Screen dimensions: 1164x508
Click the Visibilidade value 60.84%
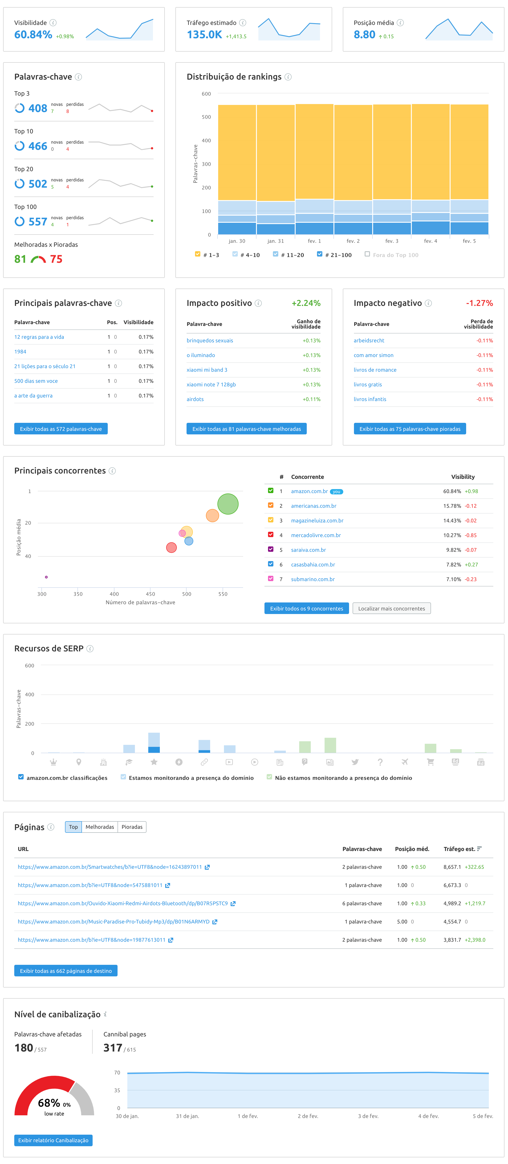point(33,35)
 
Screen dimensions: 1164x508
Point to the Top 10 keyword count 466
point(38,146)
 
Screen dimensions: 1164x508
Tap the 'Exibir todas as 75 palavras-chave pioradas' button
point(409,429)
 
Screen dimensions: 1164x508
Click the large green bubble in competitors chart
point(228,504)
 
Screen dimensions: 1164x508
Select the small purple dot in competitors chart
point(46,577)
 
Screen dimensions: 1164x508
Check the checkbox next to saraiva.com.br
point(270,550)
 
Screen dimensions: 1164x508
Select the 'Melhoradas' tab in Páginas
point(100,827)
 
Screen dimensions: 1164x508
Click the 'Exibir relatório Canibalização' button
point(53,1140)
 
